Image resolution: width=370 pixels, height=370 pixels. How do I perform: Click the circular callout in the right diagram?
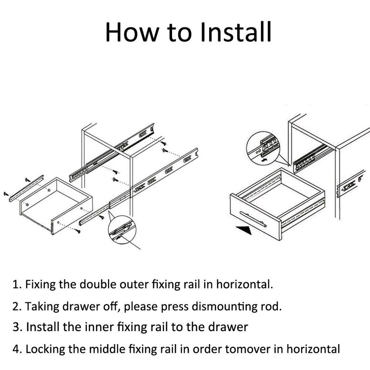[x=264, y=148]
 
